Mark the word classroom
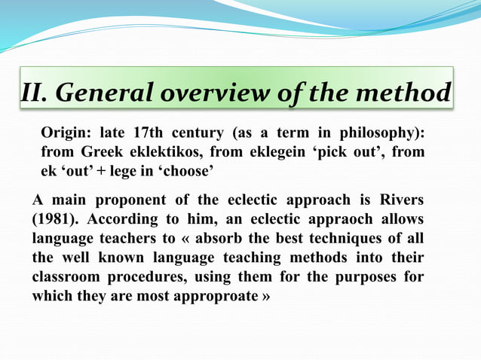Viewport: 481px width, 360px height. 65,277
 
